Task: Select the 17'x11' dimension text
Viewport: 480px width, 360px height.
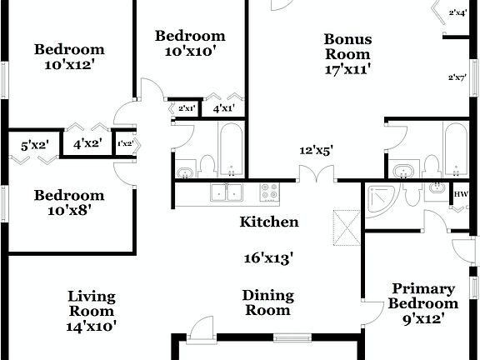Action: (x=347, y=70)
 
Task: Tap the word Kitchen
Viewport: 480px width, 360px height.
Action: (x=269, y=222)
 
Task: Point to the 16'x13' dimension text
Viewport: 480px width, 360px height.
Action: (x=268, y=258)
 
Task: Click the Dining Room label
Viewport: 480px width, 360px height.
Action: (x=268, y=302)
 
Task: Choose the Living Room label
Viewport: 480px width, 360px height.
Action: (x=92, y=304)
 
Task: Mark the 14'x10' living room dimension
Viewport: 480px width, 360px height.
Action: (x=92, y=327)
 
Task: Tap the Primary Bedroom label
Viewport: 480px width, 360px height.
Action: (x=423, y=297)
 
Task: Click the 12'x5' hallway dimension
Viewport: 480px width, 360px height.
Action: (x=317, y=151)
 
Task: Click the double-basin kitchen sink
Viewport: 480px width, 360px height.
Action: (x=226, y=192)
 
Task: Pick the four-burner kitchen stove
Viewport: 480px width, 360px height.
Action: (x=270, y=193)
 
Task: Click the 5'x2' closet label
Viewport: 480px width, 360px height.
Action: (x=35, y=145)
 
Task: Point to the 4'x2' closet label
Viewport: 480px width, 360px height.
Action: (x=87, y=143)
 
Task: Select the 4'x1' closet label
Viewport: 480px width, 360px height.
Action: (x=223, y=108)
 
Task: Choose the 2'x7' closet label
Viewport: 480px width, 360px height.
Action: (x=457, y=77)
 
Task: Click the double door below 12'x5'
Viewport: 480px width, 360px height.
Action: (x=317, y=176)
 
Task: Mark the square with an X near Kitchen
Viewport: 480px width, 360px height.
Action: (x=344, y=224)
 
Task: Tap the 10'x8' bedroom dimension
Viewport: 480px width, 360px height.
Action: (x=69, y=211)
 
